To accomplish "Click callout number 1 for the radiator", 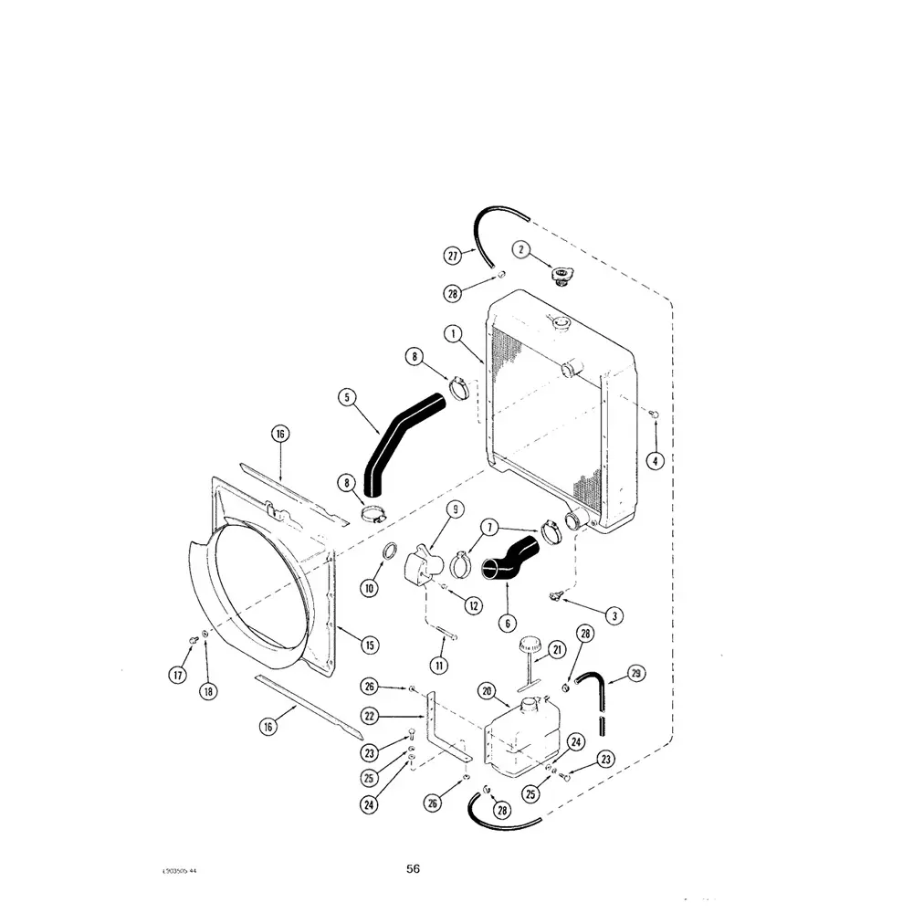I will click(x=451, y=334).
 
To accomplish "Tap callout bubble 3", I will click(x=614, y=616).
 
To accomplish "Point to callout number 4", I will click(x=654, y=461).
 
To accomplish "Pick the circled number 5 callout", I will click(x=346, y=397).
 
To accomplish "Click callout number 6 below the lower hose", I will click(x=505, y=624).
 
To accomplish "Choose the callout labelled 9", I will click(x=455, y=509).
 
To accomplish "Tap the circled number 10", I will click(x=369, y=589).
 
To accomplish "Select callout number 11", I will click(x=440, y=666).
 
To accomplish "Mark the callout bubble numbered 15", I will click(x=369, y=645).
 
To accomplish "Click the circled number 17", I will click(x=177, y=675).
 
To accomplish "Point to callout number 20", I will click(x=487, y=691).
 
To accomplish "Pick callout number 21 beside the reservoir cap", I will click(x=556, y=649).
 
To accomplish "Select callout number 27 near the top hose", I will click(x=453, y=257).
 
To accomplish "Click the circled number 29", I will click(x=636, y=674).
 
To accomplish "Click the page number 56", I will click(x=414, y=868).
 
